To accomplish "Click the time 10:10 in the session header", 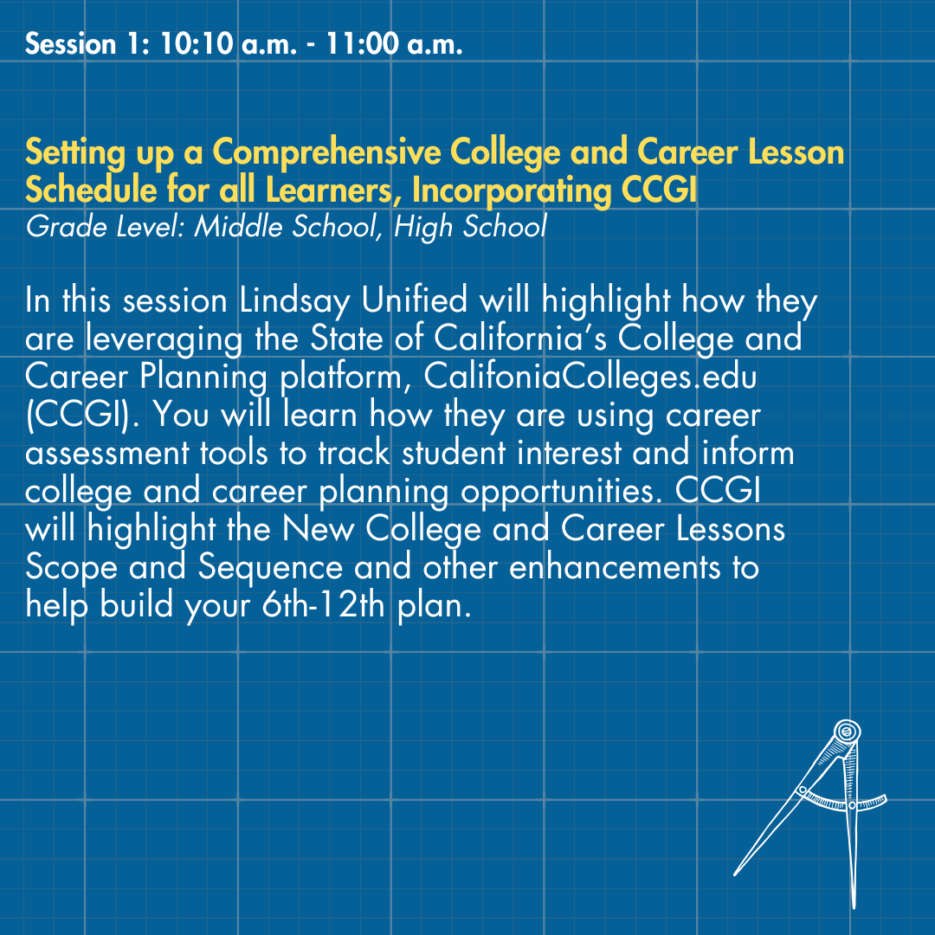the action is [196, 45].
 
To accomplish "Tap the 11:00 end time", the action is [362, 45].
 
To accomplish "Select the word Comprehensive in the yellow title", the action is [326, 152].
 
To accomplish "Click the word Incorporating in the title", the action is [512, 190].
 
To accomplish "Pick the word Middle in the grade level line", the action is [238, 227].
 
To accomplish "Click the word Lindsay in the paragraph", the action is [294, 300].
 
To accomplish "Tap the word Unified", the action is [415, 300].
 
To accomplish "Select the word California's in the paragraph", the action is [520, 339].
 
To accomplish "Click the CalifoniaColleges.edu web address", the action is [590, 377].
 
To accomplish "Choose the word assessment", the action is [107, 454].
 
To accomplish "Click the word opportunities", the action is [561, 493].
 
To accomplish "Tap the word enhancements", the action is [615, 568].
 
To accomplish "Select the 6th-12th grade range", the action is [323, 606].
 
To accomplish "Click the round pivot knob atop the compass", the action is [847, 731].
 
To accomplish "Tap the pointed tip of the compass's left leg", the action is [735, 874].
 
